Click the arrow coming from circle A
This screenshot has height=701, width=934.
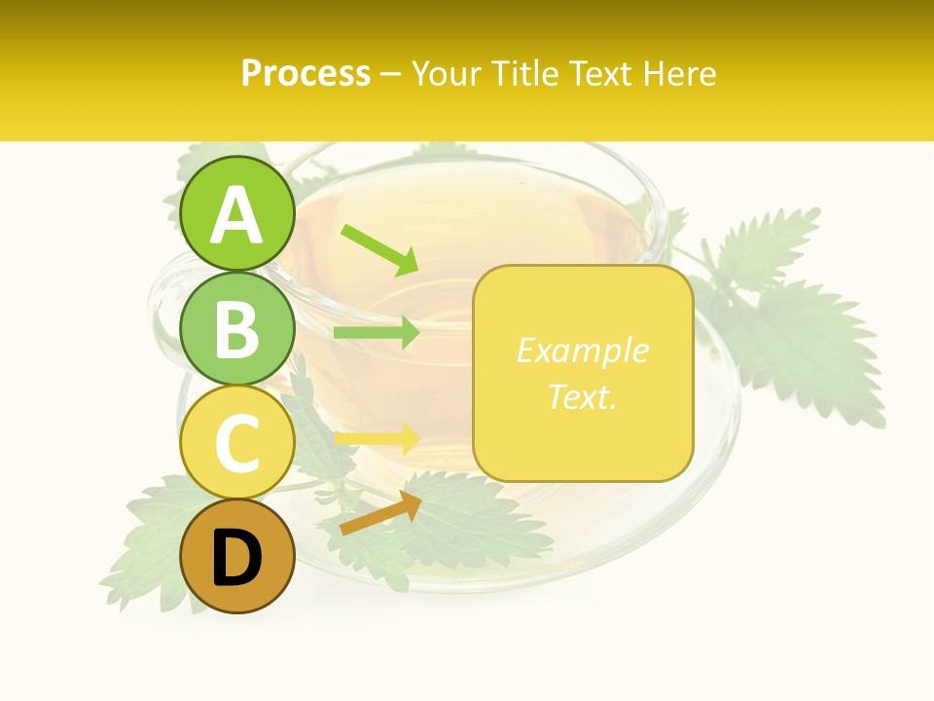(x=379, y=249)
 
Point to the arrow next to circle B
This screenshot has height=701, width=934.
(x=376, y=333)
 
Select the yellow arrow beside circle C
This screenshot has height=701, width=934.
(x=377, y=437)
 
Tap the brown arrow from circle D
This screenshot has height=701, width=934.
(x=379, y=513)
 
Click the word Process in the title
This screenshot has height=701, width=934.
(x=305, y=73)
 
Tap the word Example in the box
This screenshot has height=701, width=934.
(x=582, y=350)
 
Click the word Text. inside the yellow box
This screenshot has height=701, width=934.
(x=582, y=396)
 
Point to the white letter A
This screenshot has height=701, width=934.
(x=237, y=215)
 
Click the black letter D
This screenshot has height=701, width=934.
(x=237, y=558)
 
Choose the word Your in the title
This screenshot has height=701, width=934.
(x=448, y=73)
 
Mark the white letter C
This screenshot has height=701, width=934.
(x=237, y=443)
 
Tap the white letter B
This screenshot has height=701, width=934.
(x=237, y=329)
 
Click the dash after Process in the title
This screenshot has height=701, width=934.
(x=391, y=74)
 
